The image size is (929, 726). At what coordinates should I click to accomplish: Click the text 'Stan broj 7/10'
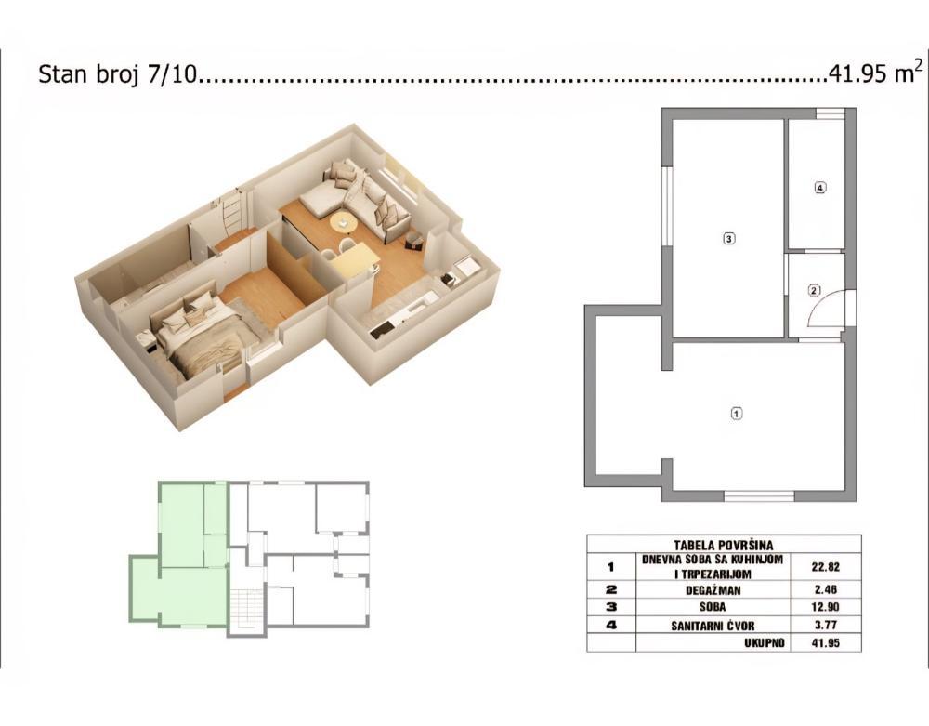[118, 75]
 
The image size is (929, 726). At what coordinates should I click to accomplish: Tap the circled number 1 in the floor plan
[737, 414]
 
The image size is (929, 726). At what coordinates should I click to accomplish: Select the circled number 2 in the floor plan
[814, 290]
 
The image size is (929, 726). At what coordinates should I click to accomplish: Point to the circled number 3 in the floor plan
[728, 239]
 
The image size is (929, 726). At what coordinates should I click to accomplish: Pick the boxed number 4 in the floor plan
[818, 188]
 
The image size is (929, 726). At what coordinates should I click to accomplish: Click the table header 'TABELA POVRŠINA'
[723, 545]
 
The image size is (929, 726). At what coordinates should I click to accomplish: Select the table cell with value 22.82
[824, 566]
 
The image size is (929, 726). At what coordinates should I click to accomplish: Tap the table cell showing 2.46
[824, 588]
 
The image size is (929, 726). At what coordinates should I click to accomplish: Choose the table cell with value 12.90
[824, 606]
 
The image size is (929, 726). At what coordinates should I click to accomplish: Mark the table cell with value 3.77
[824, 625]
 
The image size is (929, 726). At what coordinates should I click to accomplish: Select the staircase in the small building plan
[247, 608]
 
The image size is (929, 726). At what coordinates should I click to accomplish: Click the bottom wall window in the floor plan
[758, 495]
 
